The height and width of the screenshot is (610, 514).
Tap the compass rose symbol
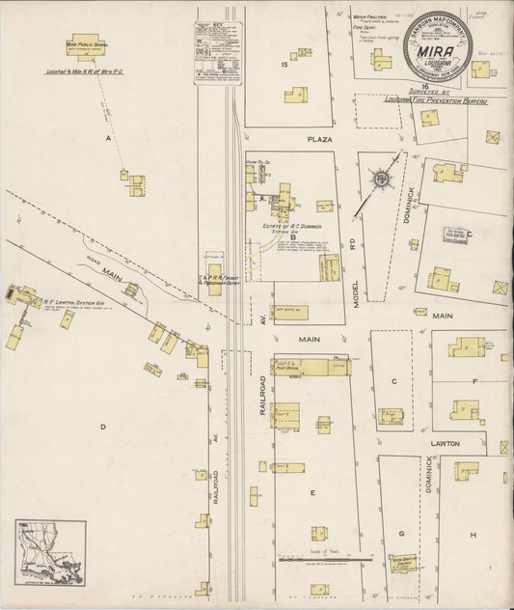pyautogui.click(x=383, y=180)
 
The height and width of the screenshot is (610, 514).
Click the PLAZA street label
pyautogui.click(x=319, y=140)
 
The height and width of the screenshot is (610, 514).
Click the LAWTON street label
pyautogui.click(x=473, y=443)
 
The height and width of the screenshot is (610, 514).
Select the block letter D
pyautogui.click(x=101, y=425)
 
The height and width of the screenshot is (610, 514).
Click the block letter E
pyautogui.click(x=311, y=492)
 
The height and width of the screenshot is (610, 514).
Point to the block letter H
pyautogui.click(x=473, y=535)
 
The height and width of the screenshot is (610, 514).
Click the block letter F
pyautogui.click(x=474, y=381)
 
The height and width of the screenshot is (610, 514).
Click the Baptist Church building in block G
pyautogui.click(x=402, y=563)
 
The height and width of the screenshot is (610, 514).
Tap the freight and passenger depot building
pyautogui.click(x=214, y=274)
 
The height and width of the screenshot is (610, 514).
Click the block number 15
pyautogui.click(x=284, y=65)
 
